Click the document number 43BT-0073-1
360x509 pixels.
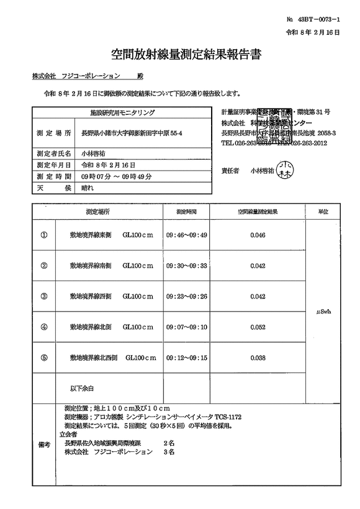click(x=317, y=20)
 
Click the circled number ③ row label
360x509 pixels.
click(x=44, y=296)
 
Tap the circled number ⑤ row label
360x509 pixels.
click(x=44, y=358)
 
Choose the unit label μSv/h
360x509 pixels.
click(x=323, y=312)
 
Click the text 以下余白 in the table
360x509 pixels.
click(x=81, y=388)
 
